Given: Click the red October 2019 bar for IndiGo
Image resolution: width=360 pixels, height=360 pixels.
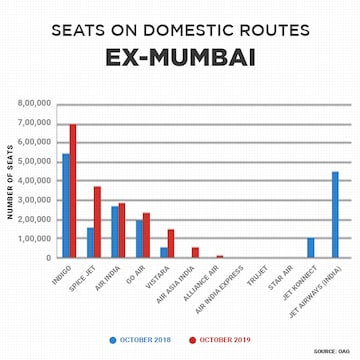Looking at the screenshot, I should pyautogui.click(x=72, y=191).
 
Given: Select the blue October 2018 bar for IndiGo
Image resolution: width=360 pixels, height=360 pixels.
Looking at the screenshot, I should pyautogui.click(x=66, y=206).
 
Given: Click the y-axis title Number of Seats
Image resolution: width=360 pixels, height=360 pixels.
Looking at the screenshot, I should pyautogui.click(x=10, y=181).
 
